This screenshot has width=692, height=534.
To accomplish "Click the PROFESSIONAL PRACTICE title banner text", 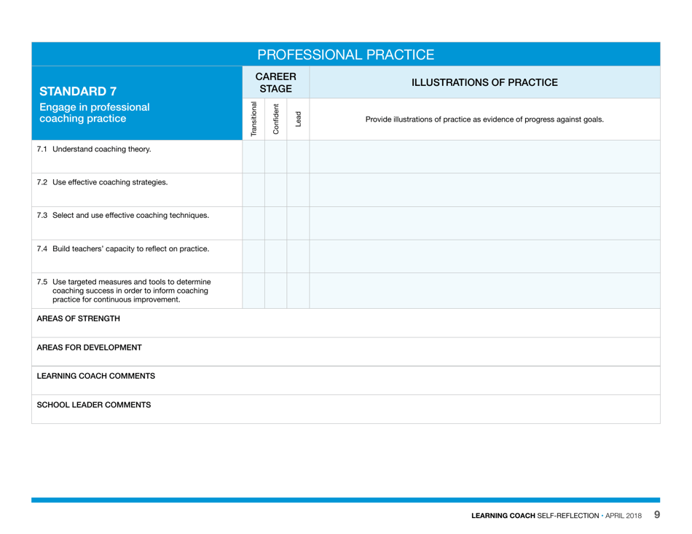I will click(346, 55).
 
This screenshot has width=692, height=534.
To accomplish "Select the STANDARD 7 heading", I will click(78, 92).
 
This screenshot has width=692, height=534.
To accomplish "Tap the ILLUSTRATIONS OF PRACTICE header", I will click(484, 82).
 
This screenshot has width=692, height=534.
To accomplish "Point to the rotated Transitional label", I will click(253, 119).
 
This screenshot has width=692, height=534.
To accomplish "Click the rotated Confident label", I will click(276, 119).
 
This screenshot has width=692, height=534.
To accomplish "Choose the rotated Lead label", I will click(298, 119).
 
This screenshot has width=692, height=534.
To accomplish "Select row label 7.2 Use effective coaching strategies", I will click(102, 182).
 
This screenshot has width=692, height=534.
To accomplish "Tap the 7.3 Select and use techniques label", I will click(123, 215).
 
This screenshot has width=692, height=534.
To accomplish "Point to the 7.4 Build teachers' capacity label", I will click(123, 248).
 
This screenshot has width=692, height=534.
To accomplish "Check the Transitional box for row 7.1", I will click(253, 157).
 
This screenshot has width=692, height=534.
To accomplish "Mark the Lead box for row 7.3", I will click(298, 223).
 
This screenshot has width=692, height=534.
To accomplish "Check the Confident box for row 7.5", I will click(276, 290).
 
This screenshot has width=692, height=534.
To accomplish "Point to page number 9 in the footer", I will click(656, 515).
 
